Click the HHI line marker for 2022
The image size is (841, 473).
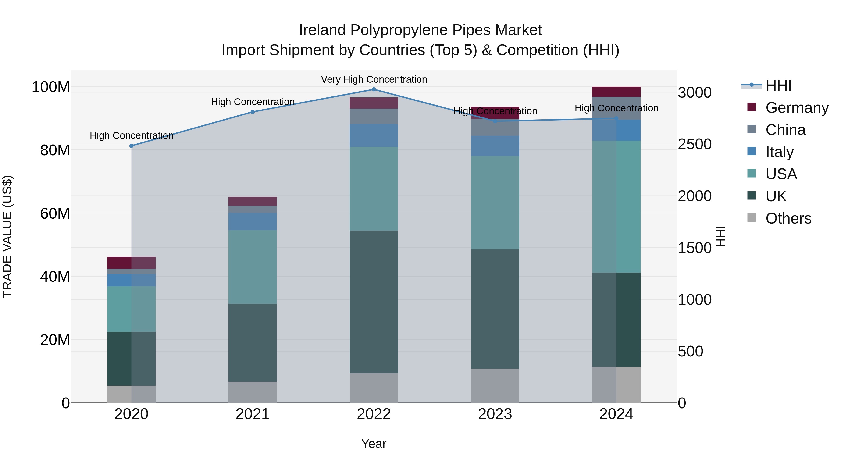[374, 89]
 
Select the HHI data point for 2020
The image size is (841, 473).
[132, 146]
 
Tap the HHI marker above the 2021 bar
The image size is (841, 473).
[253, 112]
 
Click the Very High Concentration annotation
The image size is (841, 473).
[374, 79]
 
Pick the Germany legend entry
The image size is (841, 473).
[797, 108]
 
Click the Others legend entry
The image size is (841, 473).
[788, 218]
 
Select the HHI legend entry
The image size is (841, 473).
[778, 85]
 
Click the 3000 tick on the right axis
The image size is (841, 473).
[695, 93]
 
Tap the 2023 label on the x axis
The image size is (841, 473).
[495, 414]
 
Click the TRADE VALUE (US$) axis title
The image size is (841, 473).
[7, 236]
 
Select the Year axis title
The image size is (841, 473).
[374, 444]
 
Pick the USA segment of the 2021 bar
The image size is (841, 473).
[253, 267]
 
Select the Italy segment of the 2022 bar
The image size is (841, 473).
[374, 135]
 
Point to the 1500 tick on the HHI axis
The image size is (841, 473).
[695, 248]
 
